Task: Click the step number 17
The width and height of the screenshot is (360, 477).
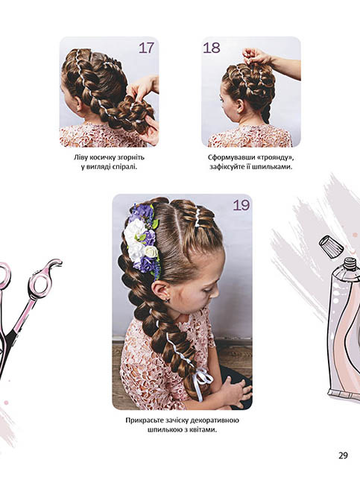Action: pyautogui.click(x=146, y=48)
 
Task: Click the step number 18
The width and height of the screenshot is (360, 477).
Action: pyautogui.click(x=212, y=48)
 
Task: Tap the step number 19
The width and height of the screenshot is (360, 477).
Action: pyautogui.click(x=241, y=206)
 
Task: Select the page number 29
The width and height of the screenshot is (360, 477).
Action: pyautogui.click(x=343, y=455)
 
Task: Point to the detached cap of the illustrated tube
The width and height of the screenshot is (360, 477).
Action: pyautogui.click(x=330, y=245)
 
